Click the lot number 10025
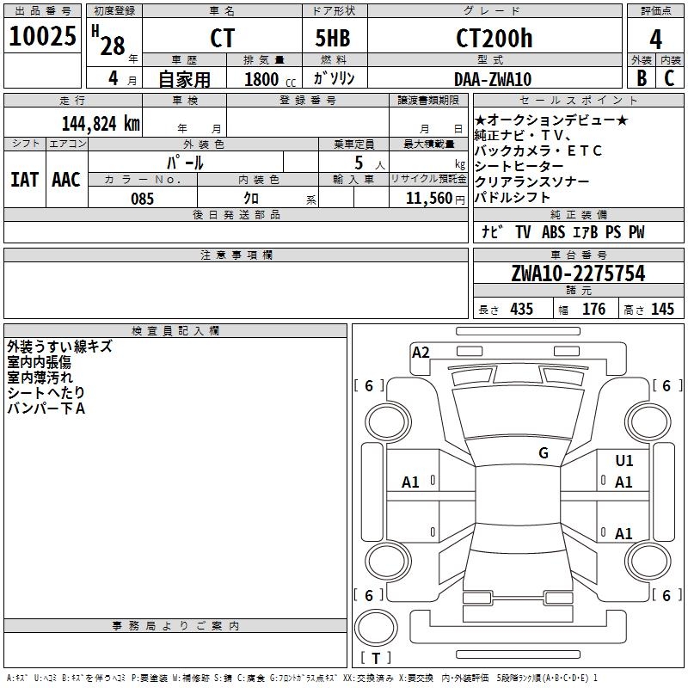pyautogui.click(x=42, y=36)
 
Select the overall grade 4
pyautogui.click(x=655, y=40)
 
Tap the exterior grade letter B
pyautogui.click(x=642, y=78)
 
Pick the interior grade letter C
pyautogui.click(x=669, y=78)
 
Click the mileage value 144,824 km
pyautogui.click(x=101, y=124)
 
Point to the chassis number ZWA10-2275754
pyautogui.click(x=578, y=273)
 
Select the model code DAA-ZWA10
pyautogui.click(x=493, y=79)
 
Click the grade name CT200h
pyautogui.click(x=494, y=38)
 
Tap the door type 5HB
pyautogui.click(x=333, y=38)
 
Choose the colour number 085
pyautogui.click(x=142, y=199)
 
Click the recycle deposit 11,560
pyautogui.click(x=428, y=199)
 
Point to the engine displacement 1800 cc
pyautogui.click(x=270, y=79)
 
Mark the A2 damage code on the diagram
pyautogui.click(x=421, y=353)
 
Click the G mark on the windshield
pyautogui.click(x=544, y=452)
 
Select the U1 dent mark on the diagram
pyautogui.click(x=624, y=460)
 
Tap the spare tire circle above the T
pyautogui.click(x=376, y=628)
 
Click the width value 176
pyautogui.click(x=593, y=309)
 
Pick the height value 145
pyautogui.click(x=662, y=309)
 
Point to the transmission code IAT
pyautogui.click(x=24, y=180)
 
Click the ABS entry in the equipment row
pyautogui.click(x=553, y=232)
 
